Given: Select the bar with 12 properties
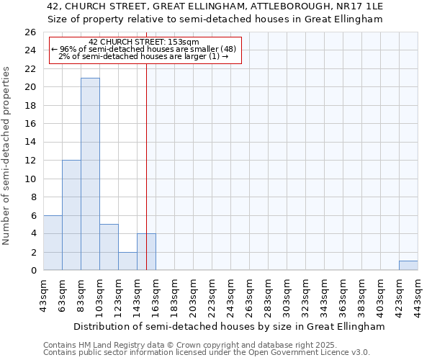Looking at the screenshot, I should point(71,215).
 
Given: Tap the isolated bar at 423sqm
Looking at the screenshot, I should point(408,266).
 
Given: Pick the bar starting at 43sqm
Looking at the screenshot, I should point(53,243).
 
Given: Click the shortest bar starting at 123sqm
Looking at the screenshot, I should point(127,261).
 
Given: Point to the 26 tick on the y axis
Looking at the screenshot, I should point(30,32).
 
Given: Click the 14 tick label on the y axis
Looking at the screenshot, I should point(30,143).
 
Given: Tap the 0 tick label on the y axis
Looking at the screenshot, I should point(32,271).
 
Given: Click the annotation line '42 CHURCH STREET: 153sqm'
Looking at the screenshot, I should point(144,42).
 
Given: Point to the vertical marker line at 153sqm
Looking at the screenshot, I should point(146,144).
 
